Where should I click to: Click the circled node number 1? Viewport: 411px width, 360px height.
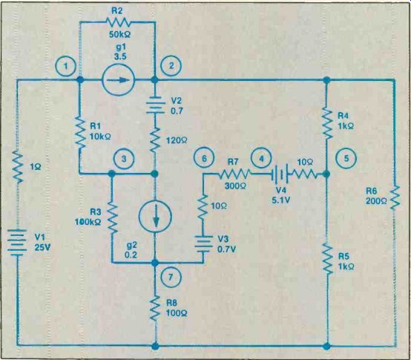click(x=66, y=66)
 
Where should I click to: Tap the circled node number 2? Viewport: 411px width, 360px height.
click(x=171, y=65)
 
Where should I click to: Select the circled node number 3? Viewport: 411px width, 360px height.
click(x=124, y=159)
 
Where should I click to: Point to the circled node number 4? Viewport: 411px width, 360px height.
click(x=261, y=159)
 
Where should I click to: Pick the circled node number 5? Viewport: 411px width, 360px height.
click(x=346, y=158)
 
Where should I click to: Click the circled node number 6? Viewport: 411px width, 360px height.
click(x=204, y=159)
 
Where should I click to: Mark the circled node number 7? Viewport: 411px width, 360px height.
click(x=171, y=277)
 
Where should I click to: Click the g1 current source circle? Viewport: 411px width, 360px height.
click(x=118, y=79)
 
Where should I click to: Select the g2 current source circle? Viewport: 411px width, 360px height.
click(x=155, y=217)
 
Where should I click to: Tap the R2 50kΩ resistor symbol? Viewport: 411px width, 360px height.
click(x=118, y=22)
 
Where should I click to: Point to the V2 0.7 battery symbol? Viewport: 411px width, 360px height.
click(x=155, y=105)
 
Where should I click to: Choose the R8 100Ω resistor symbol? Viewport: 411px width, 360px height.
click(x=155, y=308)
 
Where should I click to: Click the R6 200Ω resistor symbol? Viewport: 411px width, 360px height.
click(x=395, y=197)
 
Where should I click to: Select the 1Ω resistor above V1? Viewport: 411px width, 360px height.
click(x=17, y=166)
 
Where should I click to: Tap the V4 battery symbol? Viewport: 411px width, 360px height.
click(x=280, y=174)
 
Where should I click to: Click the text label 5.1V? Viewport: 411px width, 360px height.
click(x=281, y=201)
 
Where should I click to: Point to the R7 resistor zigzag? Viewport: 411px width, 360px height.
click(x=234, y=174)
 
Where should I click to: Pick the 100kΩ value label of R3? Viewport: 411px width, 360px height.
click(x=88, y=222)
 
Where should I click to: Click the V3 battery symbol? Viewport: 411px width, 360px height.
click(x=203, y=244)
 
